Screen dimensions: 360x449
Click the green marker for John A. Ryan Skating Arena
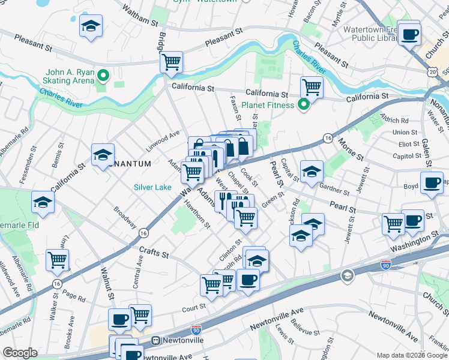tap(103, 76)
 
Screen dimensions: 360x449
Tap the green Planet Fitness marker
tap(303, 105)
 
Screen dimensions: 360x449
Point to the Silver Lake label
tap(152, 187)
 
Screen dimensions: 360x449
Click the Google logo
tap(20, 352)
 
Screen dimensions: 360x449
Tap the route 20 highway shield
tap(433, 71)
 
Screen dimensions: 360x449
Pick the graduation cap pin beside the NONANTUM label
tap(103, 155)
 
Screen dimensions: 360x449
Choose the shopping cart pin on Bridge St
tap(172, 61)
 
